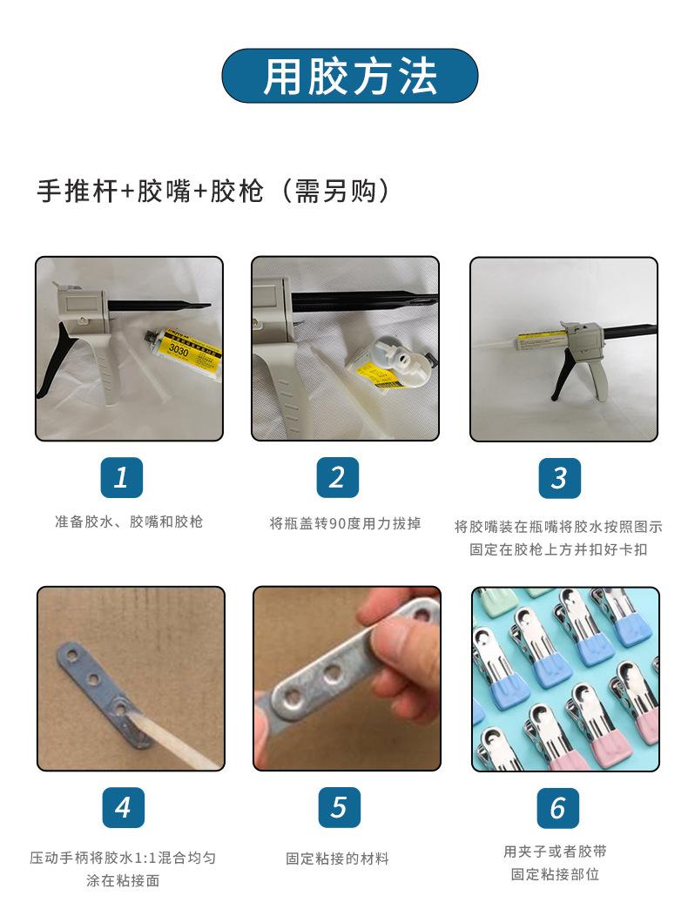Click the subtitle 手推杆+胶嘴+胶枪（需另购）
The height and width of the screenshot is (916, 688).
coord(212,191)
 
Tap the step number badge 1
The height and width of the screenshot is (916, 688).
coord(122,477)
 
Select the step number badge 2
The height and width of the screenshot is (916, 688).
coord(337,477)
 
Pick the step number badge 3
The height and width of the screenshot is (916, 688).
coord(559,477)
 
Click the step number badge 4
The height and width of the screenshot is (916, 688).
coord(123,807)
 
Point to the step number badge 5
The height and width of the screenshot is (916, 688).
coord(339,807)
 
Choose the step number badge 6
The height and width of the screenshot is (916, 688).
coord(558,807)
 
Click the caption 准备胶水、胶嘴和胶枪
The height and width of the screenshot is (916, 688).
coord(129,522)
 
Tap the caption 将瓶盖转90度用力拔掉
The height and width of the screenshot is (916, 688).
coord(346,523)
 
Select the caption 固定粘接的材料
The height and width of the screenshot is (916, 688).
coord(337,858)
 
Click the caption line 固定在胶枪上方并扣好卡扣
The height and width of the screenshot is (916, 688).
coord(558,549)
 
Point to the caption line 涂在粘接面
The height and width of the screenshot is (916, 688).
coord(123,880)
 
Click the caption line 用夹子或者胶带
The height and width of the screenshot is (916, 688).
coord(555,852)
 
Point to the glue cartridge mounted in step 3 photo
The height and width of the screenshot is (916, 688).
coord(540,339)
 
